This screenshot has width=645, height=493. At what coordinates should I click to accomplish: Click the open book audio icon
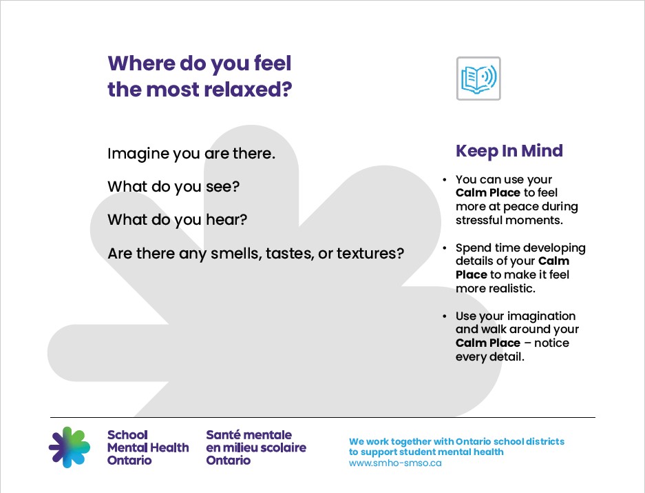pyautogui.click(x=478, y=79)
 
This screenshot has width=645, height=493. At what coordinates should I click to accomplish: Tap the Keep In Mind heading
pyautogui.click(x=509, y=151)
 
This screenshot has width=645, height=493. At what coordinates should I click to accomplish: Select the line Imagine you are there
pyautogui.click(x=191, y=154)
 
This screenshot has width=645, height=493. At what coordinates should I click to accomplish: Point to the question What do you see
pyautogui.click(x=173, y=187)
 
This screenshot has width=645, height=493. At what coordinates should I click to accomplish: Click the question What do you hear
pyautogui.click(x=177, y=220)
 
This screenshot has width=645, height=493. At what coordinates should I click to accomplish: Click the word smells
pyautogui.click(x=249, y=254)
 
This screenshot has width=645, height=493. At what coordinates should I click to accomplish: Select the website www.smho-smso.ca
pyautogui.click(x=395, y=463)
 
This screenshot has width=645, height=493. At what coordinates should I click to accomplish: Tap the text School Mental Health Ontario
pyautogui.click(x=147, y=447)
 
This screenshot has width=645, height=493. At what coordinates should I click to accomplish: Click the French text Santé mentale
pyautogui.click(x=249, y=435)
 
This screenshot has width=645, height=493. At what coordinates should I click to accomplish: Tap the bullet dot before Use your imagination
pyautogui.click(x=445, y=316)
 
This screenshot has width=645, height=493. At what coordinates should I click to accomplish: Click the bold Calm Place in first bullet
pyautogui.click(x=487, y=193)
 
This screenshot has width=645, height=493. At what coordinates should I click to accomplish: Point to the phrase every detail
pyautogui.click(x=490, y=356)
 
